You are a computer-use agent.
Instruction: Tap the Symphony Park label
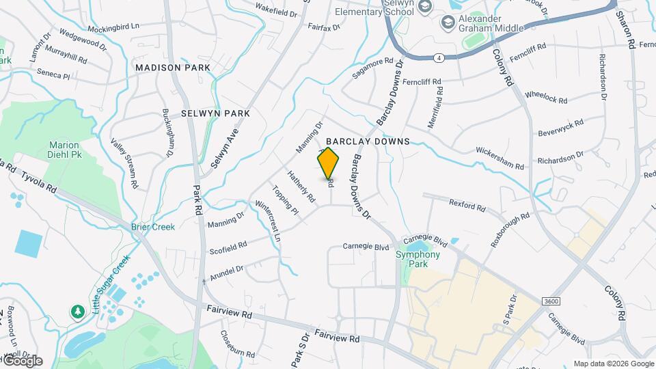(418, 259)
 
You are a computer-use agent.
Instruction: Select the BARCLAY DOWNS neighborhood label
(372, 141)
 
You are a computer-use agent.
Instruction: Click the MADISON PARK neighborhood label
(172, 68)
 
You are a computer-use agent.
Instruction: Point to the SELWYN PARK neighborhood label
(215, 113)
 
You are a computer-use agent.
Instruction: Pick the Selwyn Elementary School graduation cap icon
(425, 7)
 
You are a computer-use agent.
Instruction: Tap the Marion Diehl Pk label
(64, 150)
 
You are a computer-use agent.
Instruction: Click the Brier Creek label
(153, 227)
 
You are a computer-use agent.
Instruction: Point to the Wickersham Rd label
(500, 157)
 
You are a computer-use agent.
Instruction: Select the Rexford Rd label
(467, 204)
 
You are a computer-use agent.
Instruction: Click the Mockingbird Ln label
(113, 28)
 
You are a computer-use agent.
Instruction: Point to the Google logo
(22, 361)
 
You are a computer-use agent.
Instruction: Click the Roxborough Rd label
(510, 231)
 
